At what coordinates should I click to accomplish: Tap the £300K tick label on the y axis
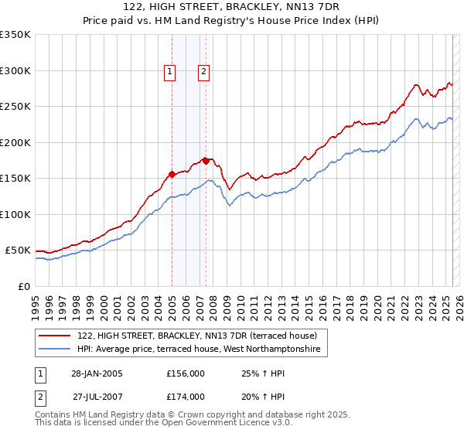tap(15, 70)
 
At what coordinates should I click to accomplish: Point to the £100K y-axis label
tap(15, 214)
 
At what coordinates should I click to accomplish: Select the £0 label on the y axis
tap(24, 286)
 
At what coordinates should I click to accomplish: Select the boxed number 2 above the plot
tap(203, 73)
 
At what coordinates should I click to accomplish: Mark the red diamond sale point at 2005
tap(172, 174)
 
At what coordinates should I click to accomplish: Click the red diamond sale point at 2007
tap(206, 161)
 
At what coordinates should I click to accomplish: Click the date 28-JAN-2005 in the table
tap(97, 373)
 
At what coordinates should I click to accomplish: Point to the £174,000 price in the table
tap(186, 397)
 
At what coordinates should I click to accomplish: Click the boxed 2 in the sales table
tap(39, 397)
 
